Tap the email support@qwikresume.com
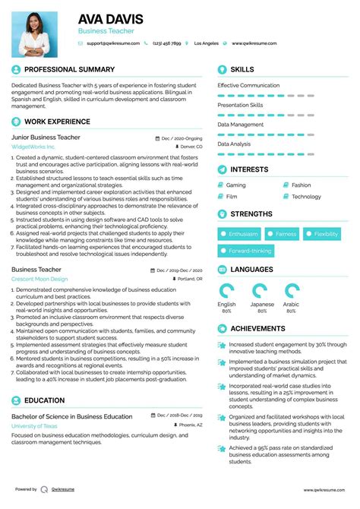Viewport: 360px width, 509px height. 113,44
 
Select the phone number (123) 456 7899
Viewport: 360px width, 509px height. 166,44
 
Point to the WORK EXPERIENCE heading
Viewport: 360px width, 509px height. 57,122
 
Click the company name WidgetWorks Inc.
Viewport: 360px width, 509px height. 33,147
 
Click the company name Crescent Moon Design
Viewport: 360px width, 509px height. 39,279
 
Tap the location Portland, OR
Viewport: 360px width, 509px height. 189,280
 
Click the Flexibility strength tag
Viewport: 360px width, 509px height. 326,234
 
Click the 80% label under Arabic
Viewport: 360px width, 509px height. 292,311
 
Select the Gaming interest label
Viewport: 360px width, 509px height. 235,185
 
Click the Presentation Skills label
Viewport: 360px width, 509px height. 240,105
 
